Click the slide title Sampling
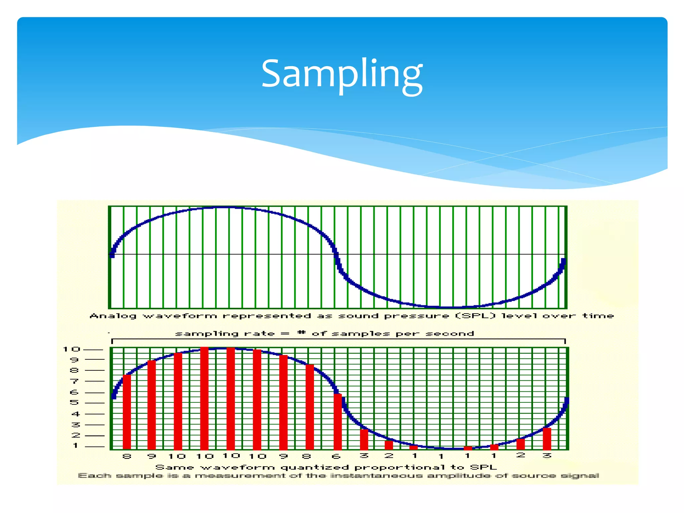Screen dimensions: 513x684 pyautogui.click(x=342, y=74)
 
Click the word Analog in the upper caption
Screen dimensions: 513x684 pyautogui.click(x=113, y=316)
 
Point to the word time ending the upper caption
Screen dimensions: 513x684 pyautogui.click(x=598, y=316)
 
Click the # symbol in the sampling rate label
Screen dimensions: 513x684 pyautogui.click(x=302, y=333)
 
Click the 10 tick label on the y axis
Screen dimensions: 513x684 pyautogui.click(x=72, y=349)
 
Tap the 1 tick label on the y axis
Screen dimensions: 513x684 pyautogui.click(x=76, y=446)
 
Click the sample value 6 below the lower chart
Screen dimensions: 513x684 pyautogui.click(x=336, y=456)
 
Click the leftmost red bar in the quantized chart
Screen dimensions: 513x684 pyautogui.click(x=127, y=412)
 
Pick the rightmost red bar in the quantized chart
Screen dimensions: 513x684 pyautogui.click(x=547, y=439)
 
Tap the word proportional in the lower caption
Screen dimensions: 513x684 pyautogui.click(x=399, y=468)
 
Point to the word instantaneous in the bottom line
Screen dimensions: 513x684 pyautogui.click(x=376, y=476)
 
